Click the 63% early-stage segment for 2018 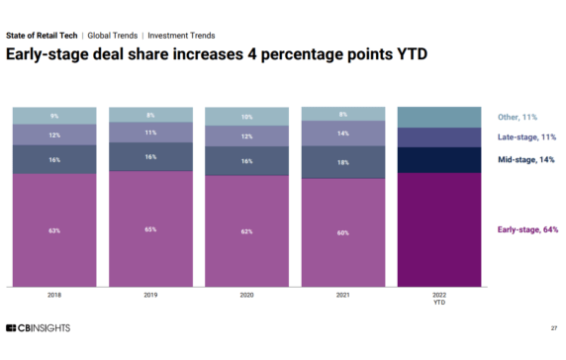tap(54, 230)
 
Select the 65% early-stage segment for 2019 tap(150, 229)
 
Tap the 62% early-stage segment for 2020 tap(245, 230)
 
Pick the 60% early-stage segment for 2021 tap(341, 232)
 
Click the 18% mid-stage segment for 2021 tap(341, 162)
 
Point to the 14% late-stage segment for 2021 tap(341, 133)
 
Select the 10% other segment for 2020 tap(245, 117)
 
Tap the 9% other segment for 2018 tap(54, 116)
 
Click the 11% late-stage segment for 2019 tap(150, 132)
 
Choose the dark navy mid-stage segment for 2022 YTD tap(437, 160)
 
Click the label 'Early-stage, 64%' tap(526, 229)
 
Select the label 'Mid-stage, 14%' tap(526, 158)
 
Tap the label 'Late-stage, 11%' tap(526, 137)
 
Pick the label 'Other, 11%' tap(518, 117)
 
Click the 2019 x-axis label tap(150, 295)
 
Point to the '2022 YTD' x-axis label tap(437, 299)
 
